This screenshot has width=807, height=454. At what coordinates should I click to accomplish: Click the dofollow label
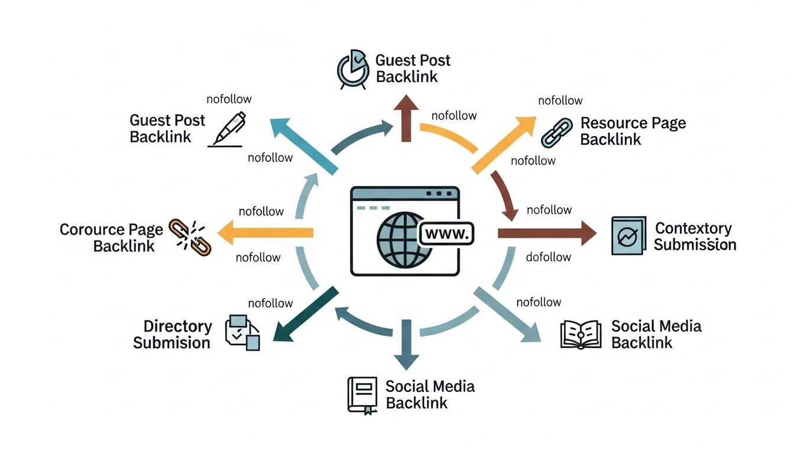pos(548,257)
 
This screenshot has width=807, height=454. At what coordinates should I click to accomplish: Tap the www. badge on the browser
pos(446,234)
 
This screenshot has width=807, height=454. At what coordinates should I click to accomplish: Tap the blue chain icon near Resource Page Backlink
pos(557,132)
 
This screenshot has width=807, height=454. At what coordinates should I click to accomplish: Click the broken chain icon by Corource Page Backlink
pos(186,237)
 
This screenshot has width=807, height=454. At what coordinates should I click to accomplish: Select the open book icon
pos(580,335)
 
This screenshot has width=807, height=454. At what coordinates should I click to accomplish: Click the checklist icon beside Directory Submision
pos(242,333)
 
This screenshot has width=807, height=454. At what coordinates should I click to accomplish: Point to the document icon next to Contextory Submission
pos(627,236)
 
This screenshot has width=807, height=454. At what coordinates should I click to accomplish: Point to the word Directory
pos(177,326)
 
